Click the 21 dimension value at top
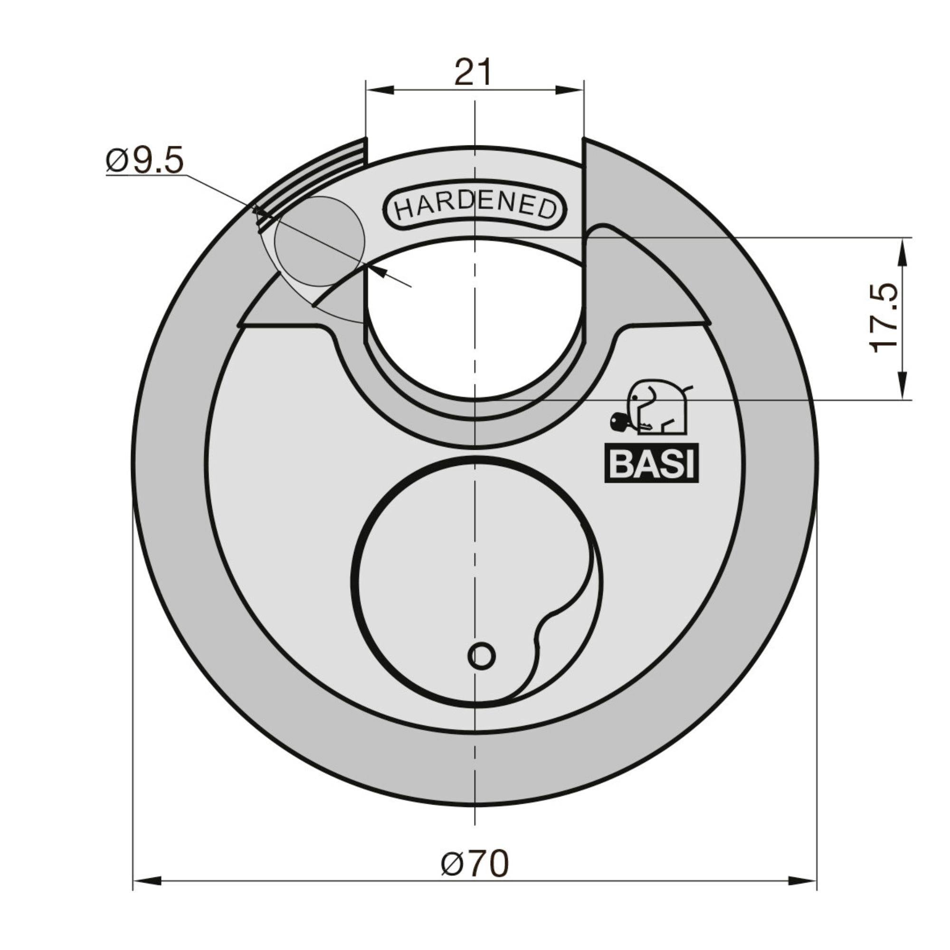[473, 73]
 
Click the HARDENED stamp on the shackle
[475, 206]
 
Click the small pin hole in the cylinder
[481, 656]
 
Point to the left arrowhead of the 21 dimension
[380, 90]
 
